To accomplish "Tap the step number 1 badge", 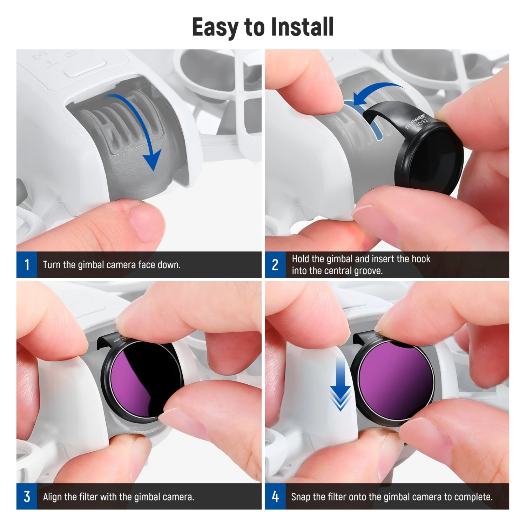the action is [27, 264].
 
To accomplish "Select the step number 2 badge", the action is [275, 264].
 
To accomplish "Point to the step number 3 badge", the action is [27, 497].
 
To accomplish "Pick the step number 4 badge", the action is [275, 497].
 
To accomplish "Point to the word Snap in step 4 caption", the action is [301, 497].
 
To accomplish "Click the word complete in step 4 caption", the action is [473, 497].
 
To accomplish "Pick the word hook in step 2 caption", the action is [421, 259].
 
